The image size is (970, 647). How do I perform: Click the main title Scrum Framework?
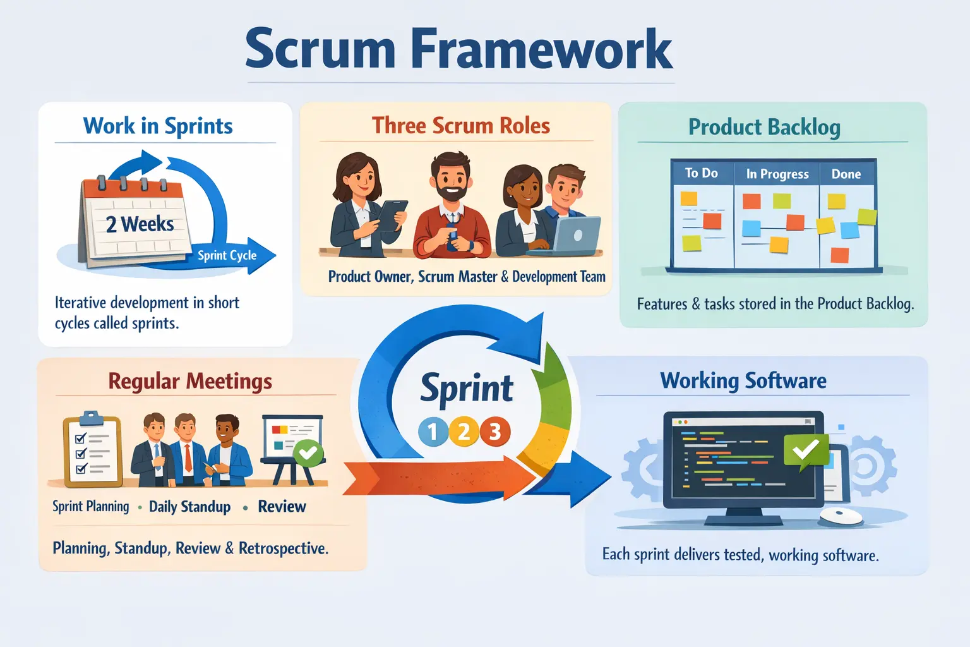(x=459, y=49)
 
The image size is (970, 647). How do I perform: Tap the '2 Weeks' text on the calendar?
(x=140, y=224)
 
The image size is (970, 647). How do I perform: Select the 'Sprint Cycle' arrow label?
(x=227, y=255)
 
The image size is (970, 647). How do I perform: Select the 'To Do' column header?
(x=701, y=173)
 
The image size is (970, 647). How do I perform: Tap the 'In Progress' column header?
(x=777, y=174)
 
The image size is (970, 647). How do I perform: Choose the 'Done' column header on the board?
(x=846, y=174)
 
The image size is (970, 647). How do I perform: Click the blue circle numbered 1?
(x=433, y=432)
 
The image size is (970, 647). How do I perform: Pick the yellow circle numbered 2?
(x=464, y=432)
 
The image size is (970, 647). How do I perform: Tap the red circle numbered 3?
(x=494, y=432)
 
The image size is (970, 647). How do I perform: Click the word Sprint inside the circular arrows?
(x=467, y=387)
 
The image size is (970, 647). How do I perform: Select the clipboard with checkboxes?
(x=93, y=450)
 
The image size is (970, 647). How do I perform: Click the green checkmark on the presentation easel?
(x=308, y=452)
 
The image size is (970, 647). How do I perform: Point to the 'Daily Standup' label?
(x=189, y=507)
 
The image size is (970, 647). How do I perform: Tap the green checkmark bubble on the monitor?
(x=805, y=450)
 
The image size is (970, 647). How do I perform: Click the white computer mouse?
(x=841, y=516)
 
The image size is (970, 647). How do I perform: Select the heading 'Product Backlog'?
(x=764, y=127)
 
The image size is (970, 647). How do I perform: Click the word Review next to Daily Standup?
(x=282, y=507)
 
